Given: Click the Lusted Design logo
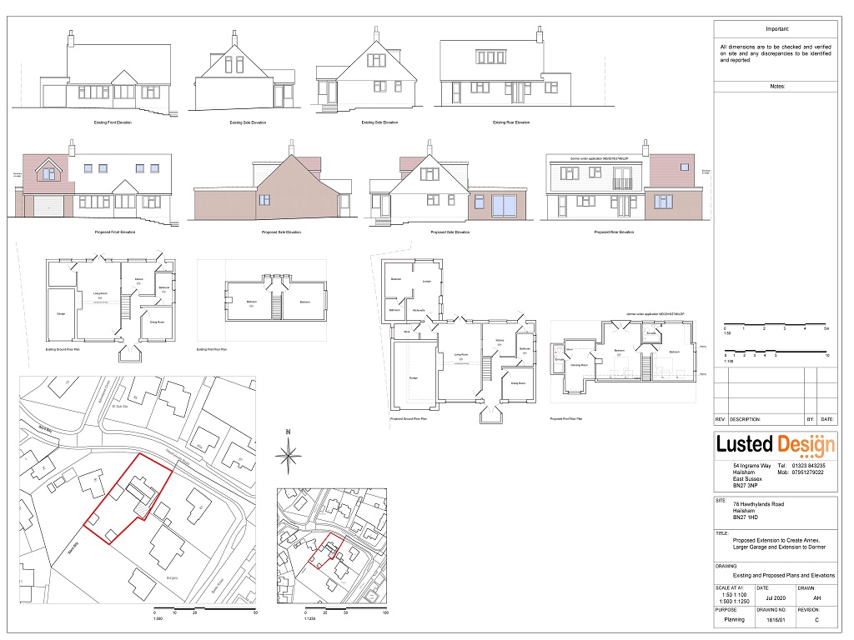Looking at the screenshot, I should pos(776,444).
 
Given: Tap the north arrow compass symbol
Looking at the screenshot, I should pos(289,453).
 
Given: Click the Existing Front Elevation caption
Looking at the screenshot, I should pos(113,122).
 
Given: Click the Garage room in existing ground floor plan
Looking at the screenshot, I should pos(61,313).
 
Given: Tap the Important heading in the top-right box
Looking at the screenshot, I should pos(776,28).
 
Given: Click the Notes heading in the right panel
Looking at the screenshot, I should pos(776,86).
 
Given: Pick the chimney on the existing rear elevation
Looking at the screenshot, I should pos(540,35).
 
